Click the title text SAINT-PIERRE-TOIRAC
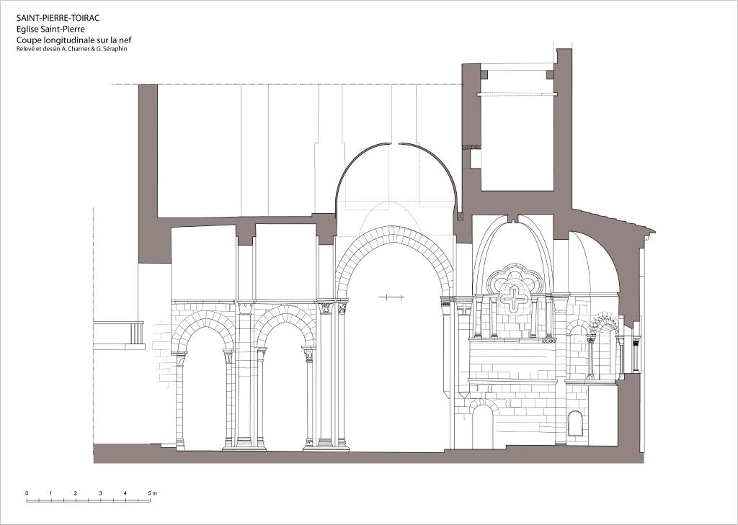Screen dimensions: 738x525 (x=58, y=18)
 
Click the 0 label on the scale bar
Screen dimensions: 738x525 (x=27, y=493)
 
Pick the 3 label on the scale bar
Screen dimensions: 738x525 (x=101, y=493)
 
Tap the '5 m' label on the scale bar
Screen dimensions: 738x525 (x=152, y=493)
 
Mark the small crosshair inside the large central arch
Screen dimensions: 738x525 (x=391, y=297)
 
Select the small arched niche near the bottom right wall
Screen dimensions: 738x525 (x=575, y=423)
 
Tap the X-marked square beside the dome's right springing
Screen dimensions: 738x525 (x=460, y=216)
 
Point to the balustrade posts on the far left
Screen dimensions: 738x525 (x=136, y=333)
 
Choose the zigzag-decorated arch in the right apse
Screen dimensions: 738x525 (x=605, y=321)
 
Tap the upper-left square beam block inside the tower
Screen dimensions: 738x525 (x=484, y=75)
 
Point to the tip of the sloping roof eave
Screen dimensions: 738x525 (x=654, y=231)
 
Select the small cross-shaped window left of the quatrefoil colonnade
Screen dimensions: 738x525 (x=464, y=309)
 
